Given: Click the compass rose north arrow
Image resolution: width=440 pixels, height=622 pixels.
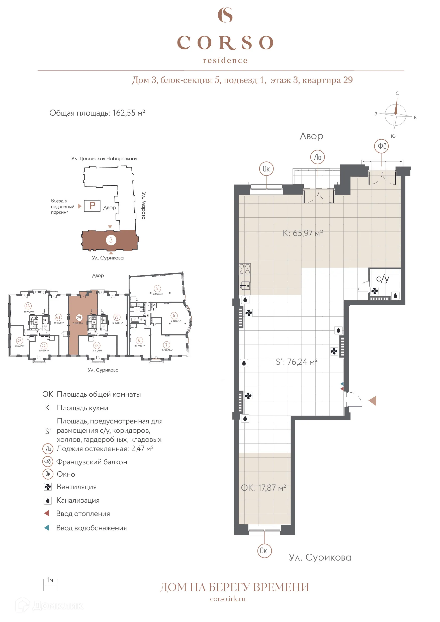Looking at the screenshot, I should pos(396,107).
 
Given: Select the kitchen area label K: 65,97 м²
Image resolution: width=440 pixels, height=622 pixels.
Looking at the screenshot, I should pos(303,233).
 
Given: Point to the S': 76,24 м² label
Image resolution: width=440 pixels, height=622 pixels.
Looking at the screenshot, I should pos(296,362).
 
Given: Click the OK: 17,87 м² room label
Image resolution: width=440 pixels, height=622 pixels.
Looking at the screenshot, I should pos(263,488).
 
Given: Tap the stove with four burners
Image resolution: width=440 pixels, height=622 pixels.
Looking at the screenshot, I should pos(244,269).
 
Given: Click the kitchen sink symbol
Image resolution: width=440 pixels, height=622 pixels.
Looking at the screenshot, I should pos(245,286).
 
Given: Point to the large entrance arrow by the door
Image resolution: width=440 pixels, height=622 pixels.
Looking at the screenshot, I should pos(373,401).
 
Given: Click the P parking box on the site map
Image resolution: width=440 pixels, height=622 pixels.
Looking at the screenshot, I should pos(92,206).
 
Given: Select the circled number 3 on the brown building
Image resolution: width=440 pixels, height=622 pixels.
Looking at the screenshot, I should pos(111,240).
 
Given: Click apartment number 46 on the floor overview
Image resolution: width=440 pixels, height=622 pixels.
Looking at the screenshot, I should pos(28,306).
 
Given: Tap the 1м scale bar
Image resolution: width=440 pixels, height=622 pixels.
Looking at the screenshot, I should pos(51,585).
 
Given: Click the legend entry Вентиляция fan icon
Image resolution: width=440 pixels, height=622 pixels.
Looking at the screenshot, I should pos(48,487).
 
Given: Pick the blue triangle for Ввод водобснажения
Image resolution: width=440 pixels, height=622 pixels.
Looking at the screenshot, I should pos(47,528).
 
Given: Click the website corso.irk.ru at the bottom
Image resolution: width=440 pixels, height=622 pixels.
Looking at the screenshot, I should pos(228,599).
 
